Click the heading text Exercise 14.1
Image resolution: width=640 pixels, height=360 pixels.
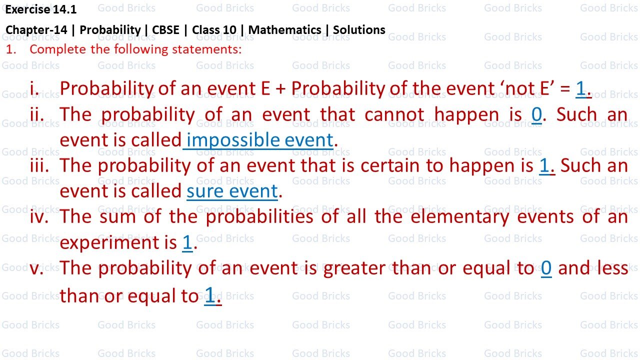click(41, 9)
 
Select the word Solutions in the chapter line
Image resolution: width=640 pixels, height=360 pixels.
click(359, 30)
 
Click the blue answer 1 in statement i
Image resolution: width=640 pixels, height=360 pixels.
click(580, 88)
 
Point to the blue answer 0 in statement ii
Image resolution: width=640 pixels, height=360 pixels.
click(536, 114)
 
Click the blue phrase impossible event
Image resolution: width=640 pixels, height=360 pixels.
click(259, 140)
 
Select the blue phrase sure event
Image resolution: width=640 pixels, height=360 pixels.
click(232, 191)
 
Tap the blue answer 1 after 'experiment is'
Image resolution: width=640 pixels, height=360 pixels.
click(187, 242)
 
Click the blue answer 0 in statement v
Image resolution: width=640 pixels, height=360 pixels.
click(546, 268)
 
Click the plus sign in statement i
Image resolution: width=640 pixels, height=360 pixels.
click(280, 89)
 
